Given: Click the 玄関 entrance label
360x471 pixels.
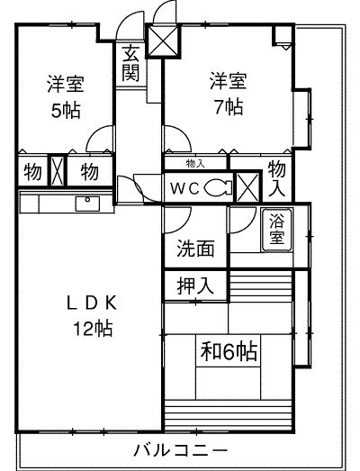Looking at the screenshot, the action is click(x=130, y=63).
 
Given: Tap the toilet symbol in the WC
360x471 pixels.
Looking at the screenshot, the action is click(x=218, y=188).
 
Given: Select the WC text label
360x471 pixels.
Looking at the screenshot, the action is click(x=185, y=189).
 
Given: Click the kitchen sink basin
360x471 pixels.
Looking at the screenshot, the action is click(x=87, y=204).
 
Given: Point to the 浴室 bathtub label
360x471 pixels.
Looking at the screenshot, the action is click(x=276, y=230).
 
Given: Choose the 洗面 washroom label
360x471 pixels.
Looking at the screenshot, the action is click(x=195, y=249).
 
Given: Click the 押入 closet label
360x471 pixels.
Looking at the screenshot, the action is click(x=195, y=285).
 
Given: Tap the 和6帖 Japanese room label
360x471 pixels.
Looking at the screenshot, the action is click(x=229, y=352).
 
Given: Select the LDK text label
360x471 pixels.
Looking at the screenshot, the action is click(x=92, y=303).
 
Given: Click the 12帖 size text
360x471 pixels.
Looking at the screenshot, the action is click(x=93, y=329).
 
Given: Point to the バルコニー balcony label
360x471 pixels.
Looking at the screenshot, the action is click(x=181, y=449).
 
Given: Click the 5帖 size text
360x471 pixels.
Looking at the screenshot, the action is click(x=66, y=111).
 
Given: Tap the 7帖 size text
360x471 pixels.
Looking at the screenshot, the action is click(x=228, y=107).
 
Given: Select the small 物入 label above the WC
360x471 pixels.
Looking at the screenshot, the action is click(x=195, y=164).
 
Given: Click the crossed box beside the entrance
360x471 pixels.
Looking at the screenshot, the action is click(x=163, y=41).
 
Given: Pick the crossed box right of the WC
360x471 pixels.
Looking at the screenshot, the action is click(x=247, y=187).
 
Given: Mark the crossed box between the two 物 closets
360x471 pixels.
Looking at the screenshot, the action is click(x=58, y=171).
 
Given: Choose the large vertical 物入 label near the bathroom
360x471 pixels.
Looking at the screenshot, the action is click(x=276, y=179).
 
